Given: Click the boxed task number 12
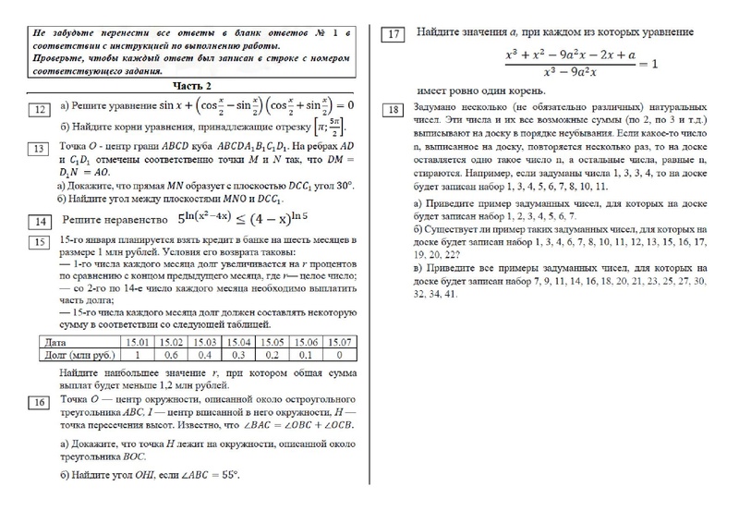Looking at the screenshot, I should tap(41, 110).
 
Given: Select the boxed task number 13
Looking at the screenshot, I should tap(41, 148).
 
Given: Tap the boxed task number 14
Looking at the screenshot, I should tap(41, 222).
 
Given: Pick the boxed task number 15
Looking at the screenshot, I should tap(41, 243).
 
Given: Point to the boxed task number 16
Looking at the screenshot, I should tap(41, 402).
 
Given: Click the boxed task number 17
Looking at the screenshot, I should tap(394, 35).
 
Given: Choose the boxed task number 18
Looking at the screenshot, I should tap(394, 111).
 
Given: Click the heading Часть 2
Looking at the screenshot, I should tap(191, 85).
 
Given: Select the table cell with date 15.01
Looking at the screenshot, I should tap(138, 342).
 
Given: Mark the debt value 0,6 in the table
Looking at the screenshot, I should tap(172, 354).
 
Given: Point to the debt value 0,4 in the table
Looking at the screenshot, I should tap(205, 354).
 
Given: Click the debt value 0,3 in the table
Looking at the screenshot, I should tap(238, 354).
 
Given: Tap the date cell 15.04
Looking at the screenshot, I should tap(238, 342).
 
